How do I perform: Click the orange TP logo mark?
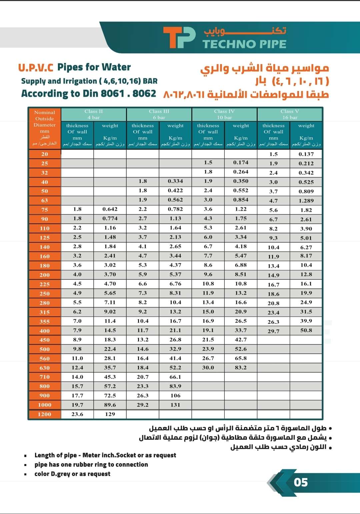179,37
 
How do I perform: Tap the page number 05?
301,482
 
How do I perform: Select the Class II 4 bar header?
94,114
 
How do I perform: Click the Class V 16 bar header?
290,114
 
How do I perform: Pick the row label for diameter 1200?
45,414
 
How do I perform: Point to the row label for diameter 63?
45,200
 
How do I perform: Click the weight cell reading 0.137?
306,154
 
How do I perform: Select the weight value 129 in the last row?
110,414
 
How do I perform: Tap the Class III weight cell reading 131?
175,405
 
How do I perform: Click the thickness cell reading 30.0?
208,368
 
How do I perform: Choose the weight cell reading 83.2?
241,368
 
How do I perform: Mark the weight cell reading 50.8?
306,330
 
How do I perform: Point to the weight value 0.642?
110,209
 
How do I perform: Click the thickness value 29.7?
273,331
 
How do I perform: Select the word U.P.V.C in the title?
36,68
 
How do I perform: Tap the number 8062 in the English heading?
144,93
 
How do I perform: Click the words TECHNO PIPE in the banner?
244,44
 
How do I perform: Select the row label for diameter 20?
45,154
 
